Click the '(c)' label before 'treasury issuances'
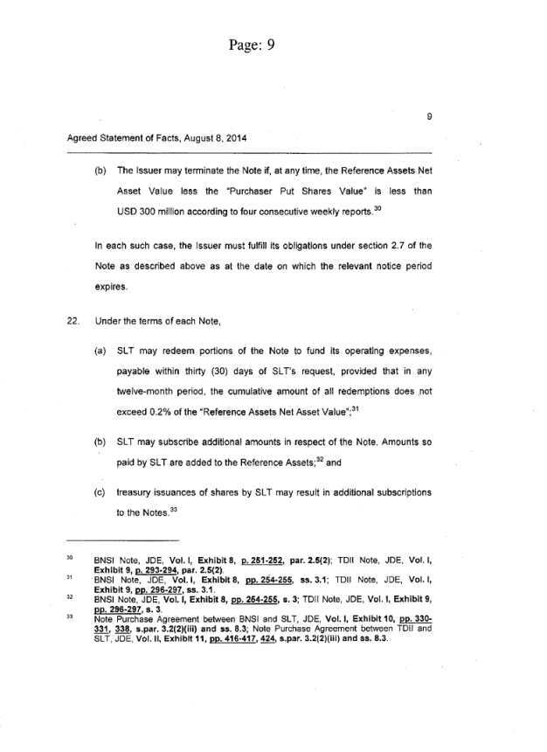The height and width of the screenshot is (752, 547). pyautogui.click(x=100, y=493)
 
